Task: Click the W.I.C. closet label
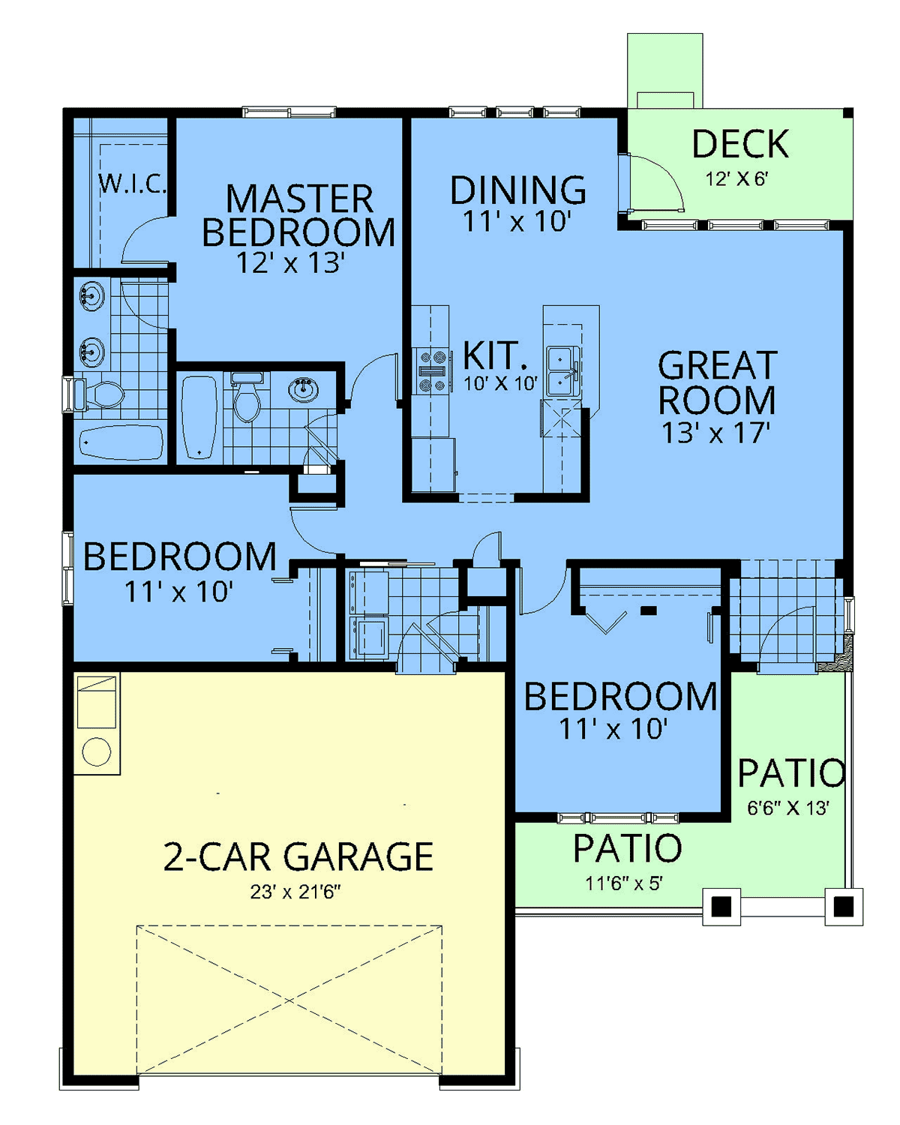(x=133, y=184)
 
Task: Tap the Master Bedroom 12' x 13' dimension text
(x=291, y=262)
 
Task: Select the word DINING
(x=517, y=190)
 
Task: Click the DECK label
(x=740, y=144)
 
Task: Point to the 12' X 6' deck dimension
(x=736, y=179)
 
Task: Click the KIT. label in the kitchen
(x=495, y=355)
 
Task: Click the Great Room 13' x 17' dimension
(x=716, y=433)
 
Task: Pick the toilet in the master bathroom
(x=98, y=394)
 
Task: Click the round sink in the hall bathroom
(x=304, y=389)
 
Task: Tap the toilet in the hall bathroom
(x=247, y=397)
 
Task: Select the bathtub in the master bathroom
(x=121, y=442)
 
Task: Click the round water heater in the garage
(x=97, y=752)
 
